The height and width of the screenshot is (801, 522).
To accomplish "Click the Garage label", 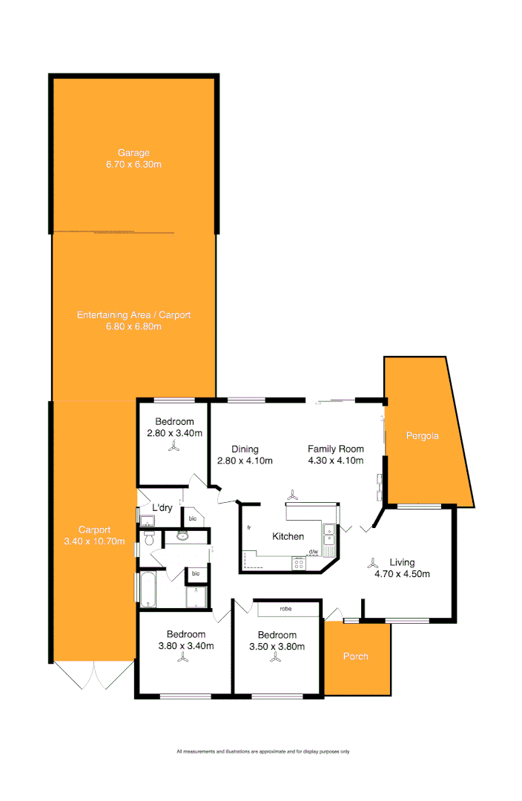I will (133, 153).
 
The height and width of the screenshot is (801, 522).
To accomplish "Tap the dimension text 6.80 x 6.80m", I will (133, 326).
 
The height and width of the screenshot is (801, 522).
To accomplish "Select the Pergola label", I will (422, 436).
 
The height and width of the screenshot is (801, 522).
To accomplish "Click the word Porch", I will (355, 656).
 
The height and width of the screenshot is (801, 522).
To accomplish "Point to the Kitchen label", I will (288, 536).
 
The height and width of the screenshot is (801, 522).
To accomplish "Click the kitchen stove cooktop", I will (300, 563).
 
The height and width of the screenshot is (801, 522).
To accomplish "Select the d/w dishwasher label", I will (313, 552).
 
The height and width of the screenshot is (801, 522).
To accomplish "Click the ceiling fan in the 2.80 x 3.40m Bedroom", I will (174, 446).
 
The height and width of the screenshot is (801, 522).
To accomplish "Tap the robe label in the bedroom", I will (285, 609).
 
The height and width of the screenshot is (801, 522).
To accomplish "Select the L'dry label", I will (162, 508).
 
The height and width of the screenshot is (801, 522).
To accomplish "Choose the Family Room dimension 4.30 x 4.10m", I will (336, 461).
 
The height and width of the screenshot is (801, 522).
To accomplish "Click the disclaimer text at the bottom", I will (262, 751).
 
